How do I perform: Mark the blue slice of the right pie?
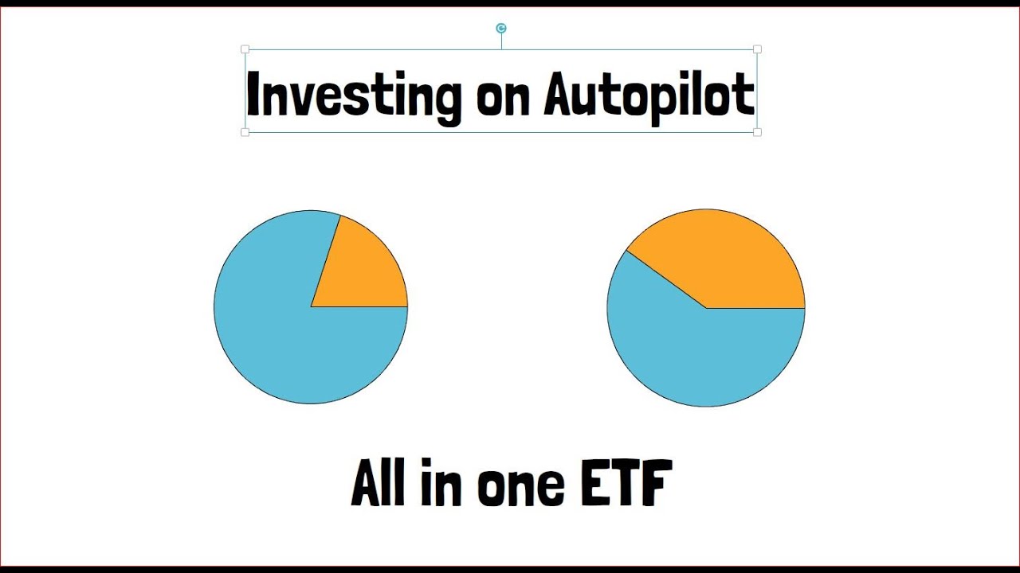(701, 358)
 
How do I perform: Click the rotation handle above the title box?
(501, 29)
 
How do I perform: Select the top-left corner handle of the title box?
(245, 49)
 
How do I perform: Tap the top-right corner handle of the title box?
(757, 49)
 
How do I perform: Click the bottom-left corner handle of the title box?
(245, 132)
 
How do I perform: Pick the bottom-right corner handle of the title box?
(757, 132)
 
